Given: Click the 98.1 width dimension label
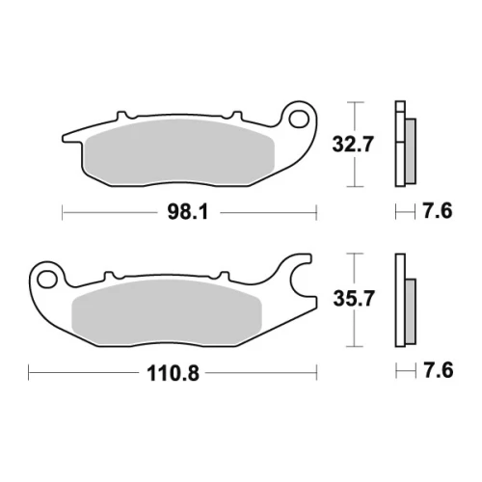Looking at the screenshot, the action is pos(188,212).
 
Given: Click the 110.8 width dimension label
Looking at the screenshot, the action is pos(173,373).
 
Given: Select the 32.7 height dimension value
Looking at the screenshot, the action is pos(353,145).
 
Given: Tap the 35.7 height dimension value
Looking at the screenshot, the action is pos(354,299).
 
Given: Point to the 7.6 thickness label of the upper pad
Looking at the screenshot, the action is pos(438,211).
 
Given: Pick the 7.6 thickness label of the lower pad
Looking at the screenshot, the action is pos(438,370).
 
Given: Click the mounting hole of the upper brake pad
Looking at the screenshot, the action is pos(299,119).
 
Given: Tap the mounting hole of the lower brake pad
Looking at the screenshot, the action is pos(47,279).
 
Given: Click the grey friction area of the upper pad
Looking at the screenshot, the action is pos(179,151).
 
